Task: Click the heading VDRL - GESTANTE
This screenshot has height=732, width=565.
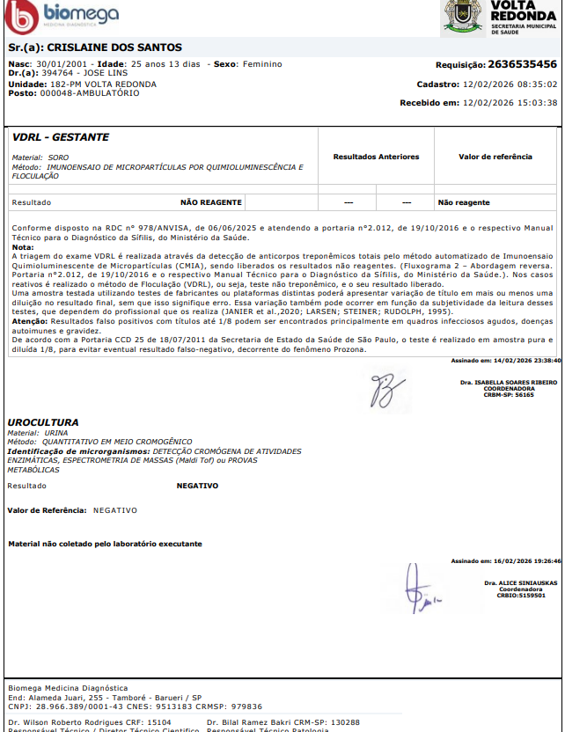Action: coord(62,138)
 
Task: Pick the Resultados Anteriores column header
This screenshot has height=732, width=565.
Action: coord(376,157)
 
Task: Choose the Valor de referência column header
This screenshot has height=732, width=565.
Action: coord(495,157)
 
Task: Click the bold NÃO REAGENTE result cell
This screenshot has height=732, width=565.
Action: coord(211,202)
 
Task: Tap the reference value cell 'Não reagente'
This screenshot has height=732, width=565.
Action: coord(464,202)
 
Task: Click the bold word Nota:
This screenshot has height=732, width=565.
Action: coord(23,247)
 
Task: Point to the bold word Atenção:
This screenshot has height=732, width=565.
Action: coord(29,321)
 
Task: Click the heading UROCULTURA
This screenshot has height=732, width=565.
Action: coord(43,422)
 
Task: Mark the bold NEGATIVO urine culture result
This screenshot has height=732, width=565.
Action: coord(197,486)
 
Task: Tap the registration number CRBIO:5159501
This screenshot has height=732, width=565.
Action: coord(521,596)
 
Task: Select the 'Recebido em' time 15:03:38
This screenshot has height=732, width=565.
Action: coord(537,102)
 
